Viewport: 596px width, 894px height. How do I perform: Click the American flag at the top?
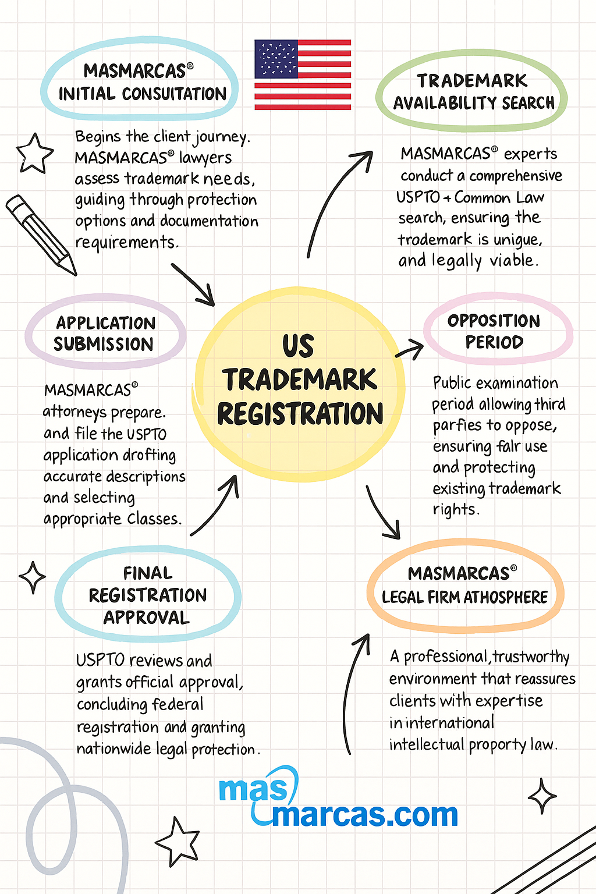(303, 74)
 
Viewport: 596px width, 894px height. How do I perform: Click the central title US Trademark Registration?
(300, 379)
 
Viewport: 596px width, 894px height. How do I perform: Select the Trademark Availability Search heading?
(473, 92)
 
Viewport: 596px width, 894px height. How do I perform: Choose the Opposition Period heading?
(494, 331)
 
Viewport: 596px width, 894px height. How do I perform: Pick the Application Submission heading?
(105, 334)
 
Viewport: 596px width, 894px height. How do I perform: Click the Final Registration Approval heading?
(147, 595)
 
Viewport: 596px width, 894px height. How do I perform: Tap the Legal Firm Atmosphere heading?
(464, 586)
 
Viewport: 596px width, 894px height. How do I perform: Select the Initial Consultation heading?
(141, 82)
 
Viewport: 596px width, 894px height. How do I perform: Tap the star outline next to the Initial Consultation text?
(35, 154)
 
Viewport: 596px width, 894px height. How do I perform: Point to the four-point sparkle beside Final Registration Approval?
(33, 577)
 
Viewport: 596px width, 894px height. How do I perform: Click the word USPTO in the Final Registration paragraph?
(100, 661)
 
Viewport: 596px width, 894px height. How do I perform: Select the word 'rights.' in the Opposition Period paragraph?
(456, 509)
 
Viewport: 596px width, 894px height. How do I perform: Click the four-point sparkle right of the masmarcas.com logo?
(542, 796)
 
